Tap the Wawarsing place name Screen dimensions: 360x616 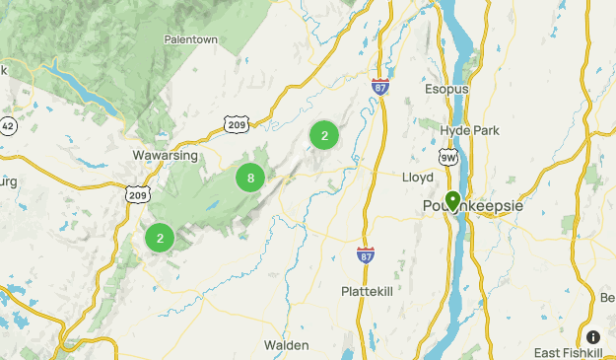(x=165, y=156)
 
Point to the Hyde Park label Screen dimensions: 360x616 (x=472, y=130)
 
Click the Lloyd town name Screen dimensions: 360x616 (x=418, y=178)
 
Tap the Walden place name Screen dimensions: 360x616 (x=287, y=345)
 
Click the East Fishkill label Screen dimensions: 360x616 (x=569, y=353)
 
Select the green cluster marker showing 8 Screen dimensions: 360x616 (x=251, y=179)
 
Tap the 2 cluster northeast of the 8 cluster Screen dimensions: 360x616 (x=324, y=136)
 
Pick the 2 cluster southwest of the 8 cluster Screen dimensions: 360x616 (x=160, y=237)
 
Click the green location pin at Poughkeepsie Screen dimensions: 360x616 (x=452, y=202)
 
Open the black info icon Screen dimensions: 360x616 (x=593, y=336)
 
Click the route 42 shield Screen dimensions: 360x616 (x=7, y=126)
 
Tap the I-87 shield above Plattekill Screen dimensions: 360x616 (x=366, y=255)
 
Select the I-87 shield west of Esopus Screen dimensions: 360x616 (x=380, y=86)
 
